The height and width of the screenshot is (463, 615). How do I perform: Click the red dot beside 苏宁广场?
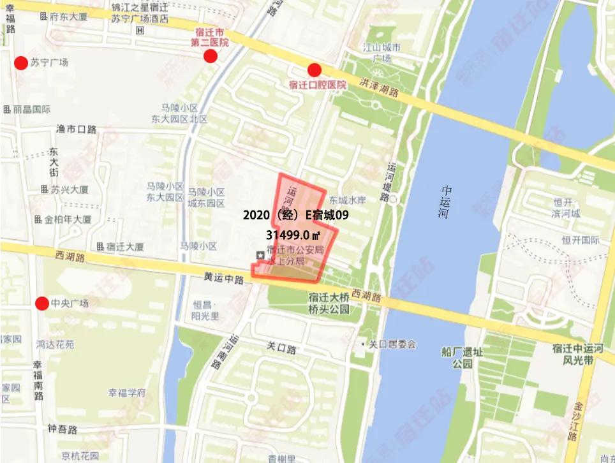pos(20,62)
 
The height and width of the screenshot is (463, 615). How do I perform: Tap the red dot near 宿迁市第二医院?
pos(210,57)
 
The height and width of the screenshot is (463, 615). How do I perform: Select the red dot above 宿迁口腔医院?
pos(314,70)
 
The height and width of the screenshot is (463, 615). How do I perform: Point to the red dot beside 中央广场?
pos(42,303)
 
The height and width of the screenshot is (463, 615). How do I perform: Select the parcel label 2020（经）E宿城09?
pos(295,216)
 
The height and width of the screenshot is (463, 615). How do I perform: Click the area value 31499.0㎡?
pos(296,235)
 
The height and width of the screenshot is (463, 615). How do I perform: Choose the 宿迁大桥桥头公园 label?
pos(329,303)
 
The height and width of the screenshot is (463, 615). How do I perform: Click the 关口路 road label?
pos(281,349)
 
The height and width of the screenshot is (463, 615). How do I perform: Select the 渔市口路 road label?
pos(77,129)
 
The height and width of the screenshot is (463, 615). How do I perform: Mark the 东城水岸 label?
pos(348,200)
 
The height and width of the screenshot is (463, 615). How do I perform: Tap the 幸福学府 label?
pos(126,392)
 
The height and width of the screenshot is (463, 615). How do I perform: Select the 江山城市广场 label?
pos(382,53)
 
